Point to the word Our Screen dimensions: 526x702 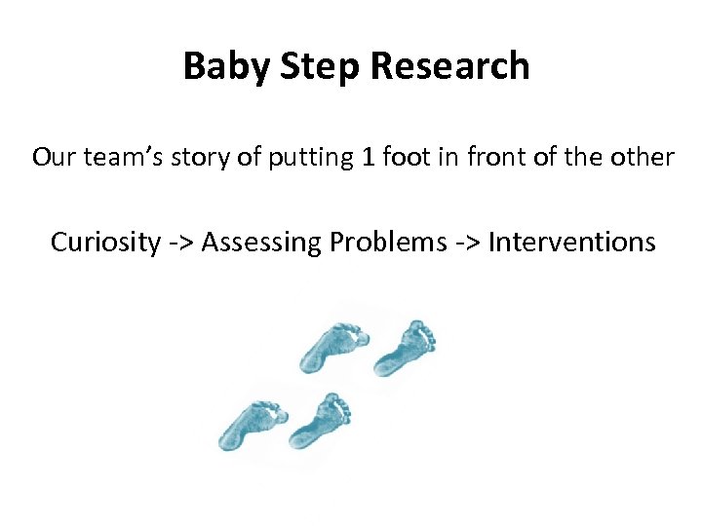click(52, 157)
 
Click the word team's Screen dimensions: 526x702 click(116, 157)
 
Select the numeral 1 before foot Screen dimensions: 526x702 click(366, 157)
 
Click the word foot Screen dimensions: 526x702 click(404, 157)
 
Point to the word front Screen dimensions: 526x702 click(491, 157)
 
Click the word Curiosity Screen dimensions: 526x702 click(104, 242)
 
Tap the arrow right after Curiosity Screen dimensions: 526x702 click(178, 243)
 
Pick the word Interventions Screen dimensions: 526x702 click(571, 242)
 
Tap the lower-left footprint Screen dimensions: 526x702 click(253, 424)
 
